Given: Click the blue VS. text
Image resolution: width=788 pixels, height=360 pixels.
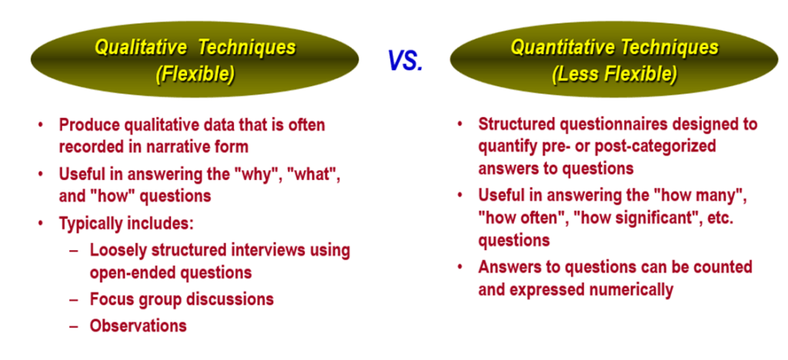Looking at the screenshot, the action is (x=406, y=61).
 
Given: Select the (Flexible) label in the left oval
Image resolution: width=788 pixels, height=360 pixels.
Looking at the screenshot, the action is (x=195, y=75).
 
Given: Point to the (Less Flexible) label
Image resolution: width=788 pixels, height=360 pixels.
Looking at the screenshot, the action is (x=614, y=75).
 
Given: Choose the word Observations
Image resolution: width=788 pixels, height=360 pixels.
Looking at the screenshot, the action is (x=139, y=325).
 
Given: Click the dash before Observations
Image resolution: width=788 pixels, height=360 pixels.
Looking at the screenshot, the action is (x=74, y=326).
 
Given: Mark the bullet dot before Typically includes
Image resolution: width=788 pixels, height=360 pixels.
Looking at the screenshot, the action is (x=41, y=224).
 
